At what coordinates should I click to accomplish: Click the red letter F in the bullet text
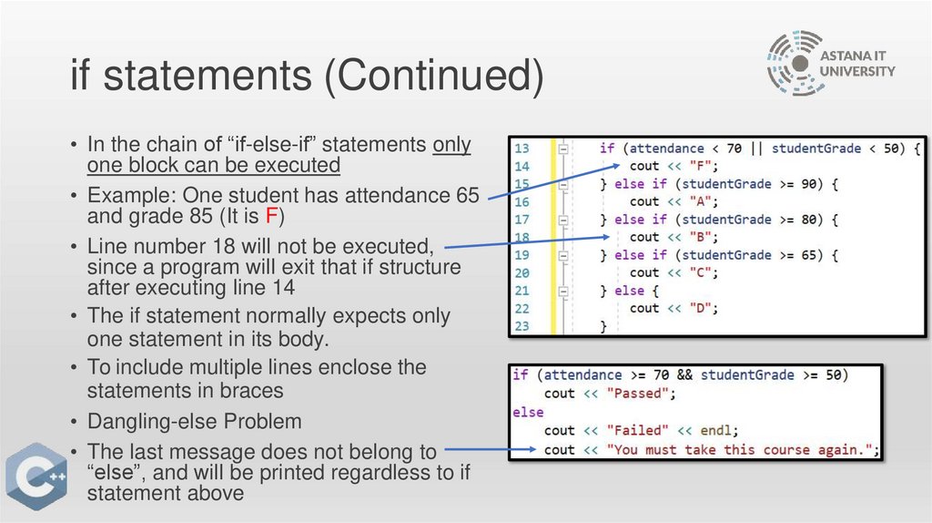270,217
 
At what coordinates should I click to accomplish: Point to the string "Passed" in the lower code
643,394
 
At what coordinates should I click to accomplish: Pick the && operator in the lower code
684,374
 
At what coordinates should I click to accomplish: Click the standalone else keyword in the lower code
528,412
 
